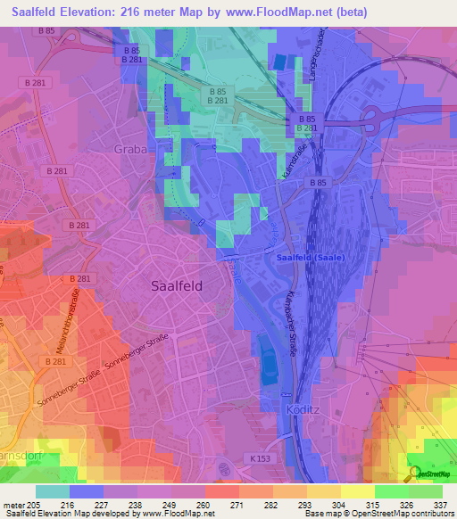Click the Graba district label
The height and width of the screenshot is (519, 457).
(x=130, y=149)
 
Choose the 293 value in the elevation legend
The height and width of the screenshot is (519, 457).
(x=304, y=505)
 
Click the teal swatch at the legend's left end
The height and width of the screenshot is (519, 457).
(x=53, y=491)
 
